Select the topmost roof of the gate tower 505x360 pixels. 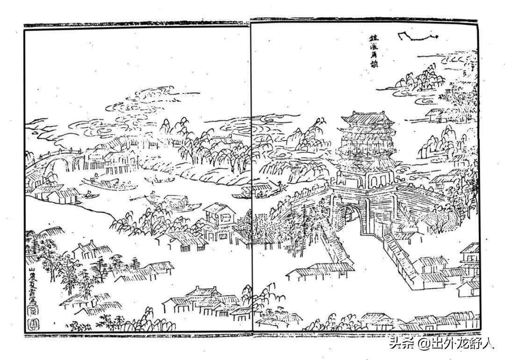[367, 117]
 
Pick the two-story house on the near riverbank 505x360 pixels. [219, 220]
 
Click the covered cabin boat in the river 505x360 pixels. [178, 203]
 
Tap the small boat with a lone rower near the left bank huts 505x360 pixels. [89, 194]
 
